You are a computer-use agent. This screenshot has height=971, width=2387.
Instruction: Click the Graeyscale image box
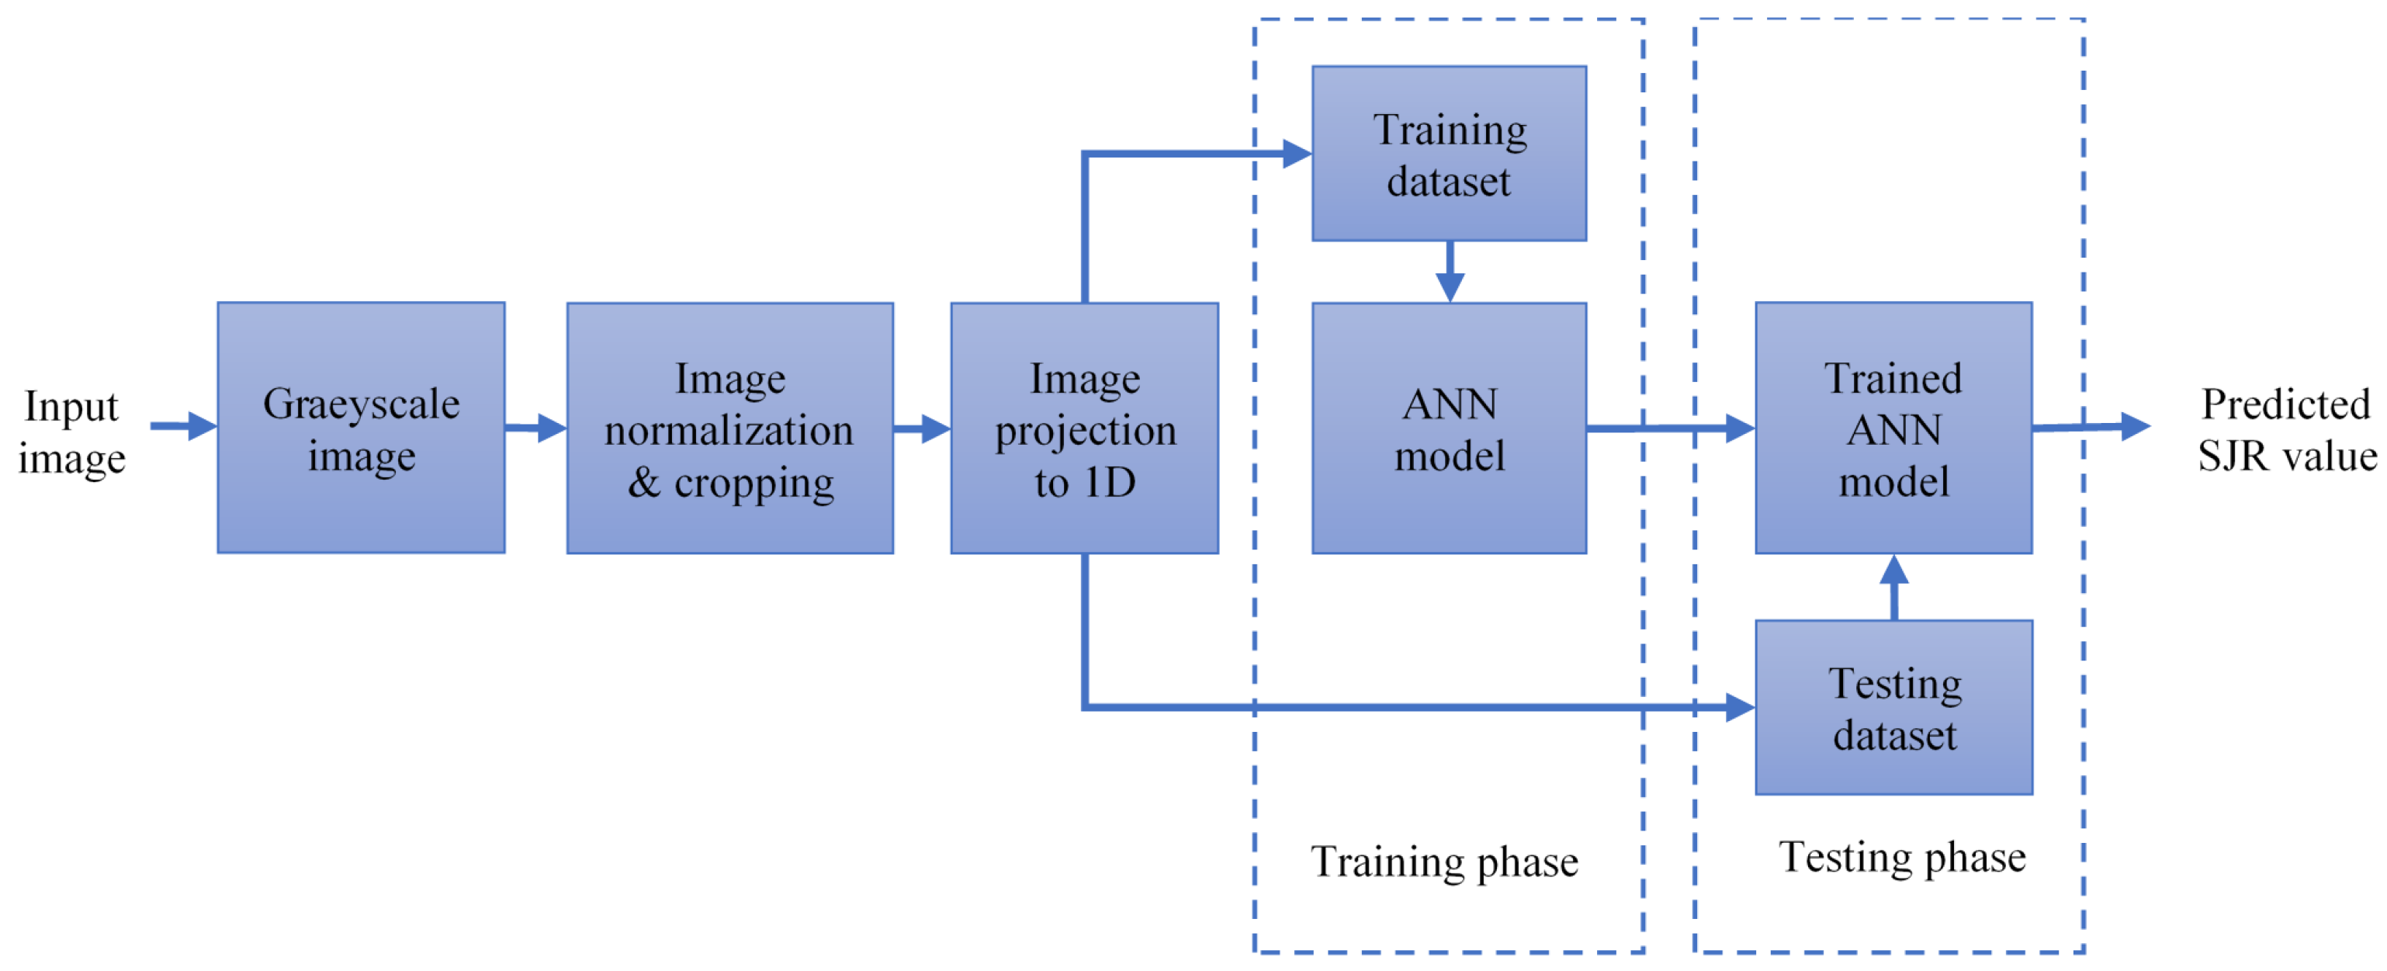point(361,427)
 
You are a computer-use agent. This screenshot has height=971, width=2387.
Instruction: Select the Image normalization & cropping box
point(729,428)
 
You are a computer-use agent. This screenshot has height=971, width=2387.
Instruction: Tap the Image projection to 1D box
point(1084,428)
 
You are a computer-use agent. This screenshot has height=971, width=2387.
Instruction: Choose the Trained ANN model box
point(1893,428)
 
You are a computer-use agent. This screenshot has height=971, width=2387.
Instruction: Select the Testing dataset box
point(1893,708)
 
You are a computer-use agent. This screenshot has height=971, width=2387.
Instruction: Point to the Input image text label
point(71,431)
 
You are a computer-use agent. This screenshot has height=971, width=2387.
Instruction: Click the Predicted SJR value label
point(2286,429)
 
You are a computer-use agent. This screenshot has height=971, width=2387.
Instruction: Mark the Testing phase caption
point(1901,857)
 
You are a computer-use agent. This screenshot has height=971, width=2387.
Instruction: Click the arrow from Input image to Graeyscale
point(183,426)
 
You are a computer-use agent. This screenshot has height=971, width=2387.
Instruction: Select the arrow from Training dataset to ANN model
point(1450,272)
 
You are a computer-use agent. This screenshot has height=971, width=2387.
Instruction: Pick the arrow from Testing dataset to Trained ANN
point(1893,588)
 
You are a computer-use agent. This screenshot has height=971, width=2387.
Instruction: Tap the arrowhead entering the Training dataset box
point(1297,154)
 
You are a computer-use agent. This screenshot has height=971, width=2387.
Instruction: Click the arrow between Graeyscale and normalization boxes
point(535,428)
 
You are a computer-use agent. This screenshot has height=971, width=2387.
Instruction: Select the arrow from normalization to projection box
point(922,428)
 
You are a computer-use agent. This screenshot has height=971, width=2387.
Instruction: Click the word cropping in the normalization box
point(754,484)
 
